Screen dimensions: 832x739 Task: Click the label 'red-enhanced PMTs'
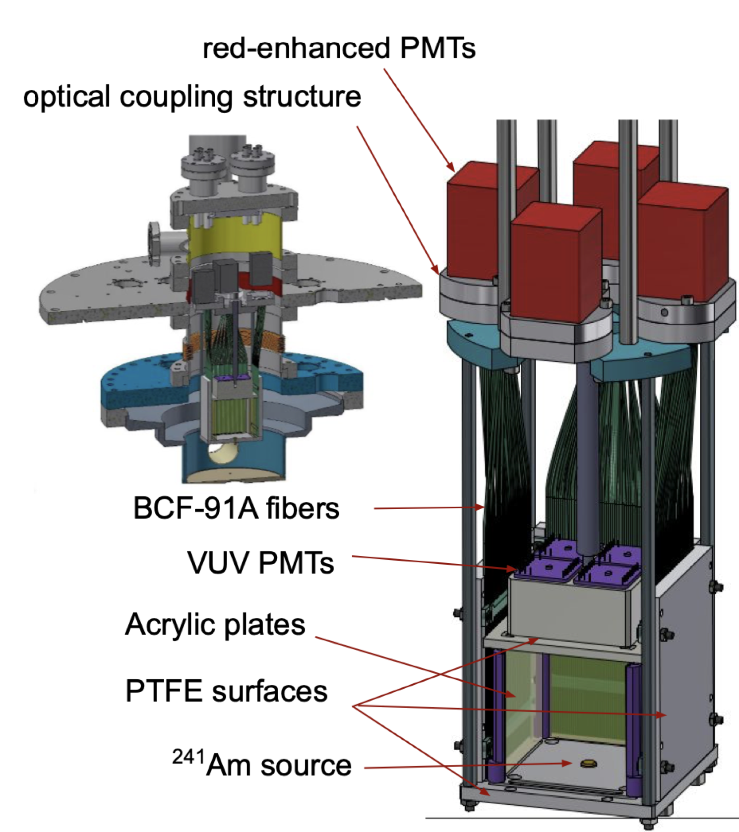pyautogui.click(x=339, y=49)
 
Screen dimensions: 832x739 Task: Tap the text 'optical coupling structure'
pyautogui.click(x=192, y=96)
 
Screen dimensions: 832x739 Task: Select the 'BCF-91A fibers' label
pyautogui.click(x=236, y=508)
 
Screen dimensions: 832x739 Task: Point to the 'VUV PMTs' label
pyautogui.click(x=261, y=563)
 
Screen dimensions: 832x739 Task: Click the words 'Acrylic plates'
pyautogui.click(x=215, y=624)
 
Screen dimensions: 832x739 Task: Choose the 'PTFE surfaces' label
pyautogui.click(x=227, y=691)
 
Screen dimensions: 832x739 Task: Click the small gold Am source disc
pyautogui.click(x=588, y=763)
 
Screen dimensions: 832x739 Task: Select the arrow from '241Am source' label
pyautogui.click(x=466, y=766)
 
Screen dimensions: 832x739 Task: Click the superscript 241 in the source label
pyautogui.click(x=188, y=757)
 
